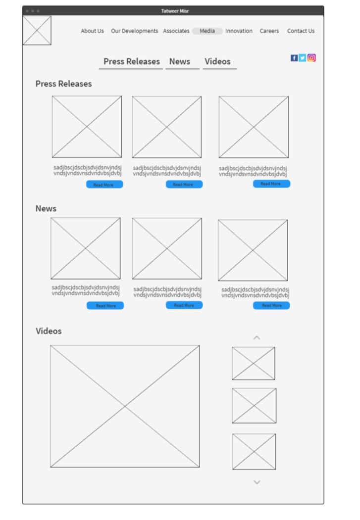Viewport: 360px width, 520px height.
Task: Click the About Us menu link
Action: click(x=92, y=31)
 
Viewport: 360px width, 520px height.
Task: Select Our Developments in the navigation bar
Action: click(x=134, y=31)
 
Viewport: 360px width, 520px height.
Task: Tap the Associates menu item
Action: click(x=176, y=31)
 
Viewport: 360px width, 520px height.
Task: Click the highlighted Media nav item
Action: click(x=207, y=31)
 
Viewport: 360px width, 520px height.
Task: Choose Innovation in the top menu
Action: click(x=239, y=31)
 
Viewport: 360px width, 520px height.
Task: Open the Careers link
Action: click(x=269, y=31)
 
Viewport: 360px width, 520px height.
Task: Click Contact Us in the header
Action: click(x=301, y=31)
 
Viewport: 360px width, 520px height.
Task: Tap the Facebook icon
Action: click(x=294, y=58)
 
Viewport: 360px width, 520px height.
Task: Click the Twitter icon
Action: click(x=303, y=58)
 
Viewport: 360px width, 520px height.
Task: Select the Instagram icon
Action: click(x=311, y=57)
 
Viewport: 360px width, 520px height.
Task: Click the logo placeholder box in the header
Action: click(x=37, y=30)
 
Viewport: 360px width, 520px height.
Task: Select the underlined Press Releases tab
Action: click(x=131, y=62)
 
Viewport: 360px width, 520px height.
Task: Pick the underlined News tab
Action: click(x=180, y=62)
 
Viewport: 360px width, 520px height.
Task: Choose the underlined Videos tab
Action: click(x=217, y=62)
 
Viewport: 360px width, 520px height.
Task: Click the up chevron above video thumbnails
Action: click(x=257, y=337)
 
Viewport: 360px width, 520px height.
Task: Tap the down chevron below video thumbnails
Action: click(x=257, y=482)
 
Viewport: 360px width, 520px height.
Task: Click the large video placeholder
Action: click(x=125, y=406)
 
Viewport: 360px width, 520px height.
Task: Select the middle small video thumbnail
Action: click(x=254, y=406)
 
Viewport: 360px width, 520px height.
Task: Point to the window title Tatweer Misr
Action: click(x=175, y=11)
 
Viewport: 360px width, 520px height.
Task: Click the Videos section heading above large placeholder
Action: click(x=49, y=331)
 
